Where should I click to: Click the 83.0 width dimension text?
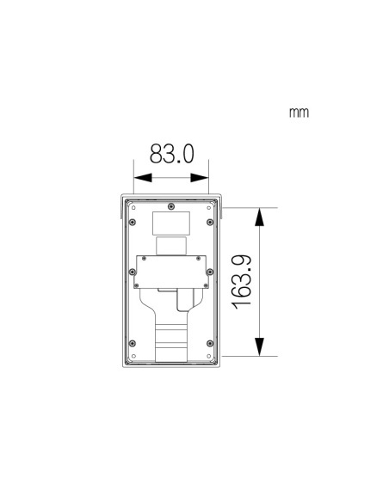pos(172,154)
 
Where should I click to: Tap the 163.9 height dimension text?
pos(242,282)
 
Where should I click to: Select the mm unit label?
pos(299,113)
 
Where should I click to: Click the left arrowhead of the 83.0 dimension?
pos(143,178)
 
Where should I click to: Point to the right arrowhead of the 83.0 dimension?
pos(200,178)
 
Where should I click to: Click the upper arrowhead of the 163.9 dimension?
pos(260,217)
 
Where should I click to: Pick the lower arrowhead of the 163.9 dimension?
pos(260,346)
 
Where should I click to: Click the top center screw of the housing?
pos(171,206)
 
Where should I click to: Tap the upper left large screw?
pos(133,222)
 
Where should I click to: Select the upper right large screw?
pos(210,222)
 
